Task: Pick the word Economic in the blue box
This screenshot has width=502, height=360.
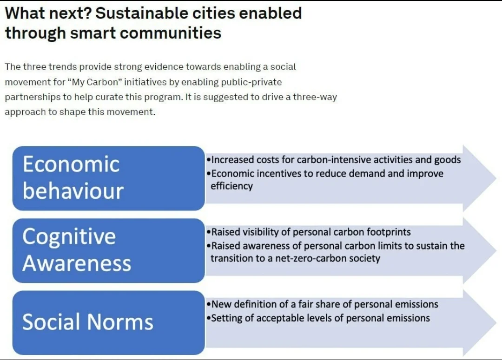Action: pos(71,164)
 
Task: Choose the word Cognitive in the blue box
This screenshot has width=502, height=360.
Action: pos(69,237)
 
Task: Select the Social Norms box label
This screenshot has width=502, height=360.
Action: pos(88,321)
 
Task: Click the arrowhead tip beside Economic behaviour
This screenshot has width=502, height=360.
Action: pos(496,178)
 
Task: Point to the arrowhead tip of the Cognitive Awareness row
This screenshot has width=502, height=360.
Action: pos(496,250)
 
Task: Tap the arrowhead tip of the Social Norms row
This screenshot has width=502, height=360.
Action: pos(496,322)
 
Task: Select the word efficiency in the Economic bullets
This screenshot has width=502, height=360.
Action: pos(232,186)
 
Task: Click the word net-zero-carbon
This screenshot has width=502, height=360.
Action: pos(310,258)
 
